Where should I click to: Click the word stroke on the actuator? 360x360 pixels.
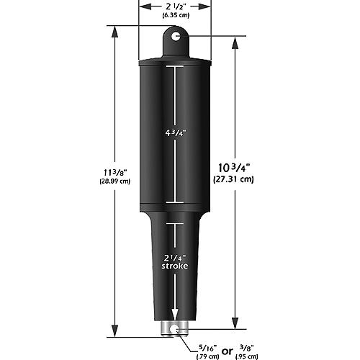(173, 267)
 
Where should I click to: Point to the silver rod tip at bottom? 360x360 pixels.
(173, 330)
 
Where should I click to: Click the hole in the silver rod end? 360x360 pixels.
(173, 331)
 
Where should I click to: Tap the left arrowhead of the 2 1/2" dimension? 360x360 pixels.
(141, 7)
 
